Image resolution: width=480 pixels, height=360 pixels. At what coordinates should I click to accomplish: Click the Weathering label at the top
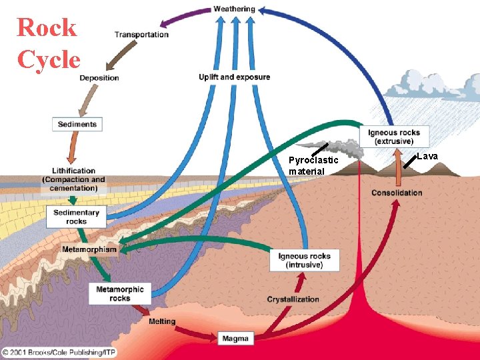tap(234, 9)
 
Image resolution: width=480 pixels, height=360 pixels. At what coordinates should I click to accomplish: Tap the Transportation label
tap(141, 35)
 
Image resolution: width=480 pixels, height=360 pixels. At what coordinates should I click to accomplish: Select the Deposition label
tap(99, 78)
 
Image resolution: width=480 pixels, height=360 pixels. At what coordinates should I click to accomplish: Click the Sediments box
tap(77, 124)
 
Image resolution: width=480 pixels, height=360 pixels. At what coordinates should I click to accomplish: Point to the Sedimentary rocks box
tap(76, 217)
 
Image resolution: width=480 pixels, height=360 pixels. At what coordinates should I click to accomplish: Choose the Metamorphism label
tap(89, 249)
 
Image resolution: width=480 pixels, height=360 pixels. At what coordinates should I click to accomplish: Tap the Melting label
tap(162, 321)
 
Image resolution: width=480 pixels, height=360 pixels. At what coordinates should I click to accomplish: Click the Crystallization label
tap(293, 299)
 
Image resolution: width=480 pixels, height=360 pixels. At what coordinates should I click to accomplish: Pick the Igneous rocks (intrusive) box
tap(304, 260)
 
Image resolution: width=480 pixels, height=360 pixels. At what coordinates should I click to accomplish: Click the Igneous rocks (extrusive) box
tap(394, 137)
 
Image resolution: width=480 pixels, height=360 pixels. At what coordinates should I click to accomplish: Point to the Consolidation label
tap(397, 193)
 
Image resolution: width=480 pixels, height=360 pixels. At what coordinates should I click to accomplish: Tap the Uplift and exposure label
tap(234, 77)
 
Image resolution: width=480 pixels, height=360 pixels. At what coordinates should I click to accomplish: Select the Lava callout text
tap(427, 156)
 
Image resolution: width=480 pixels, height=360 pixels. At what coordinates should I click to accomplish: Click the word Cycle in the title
tap(49, 60)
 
